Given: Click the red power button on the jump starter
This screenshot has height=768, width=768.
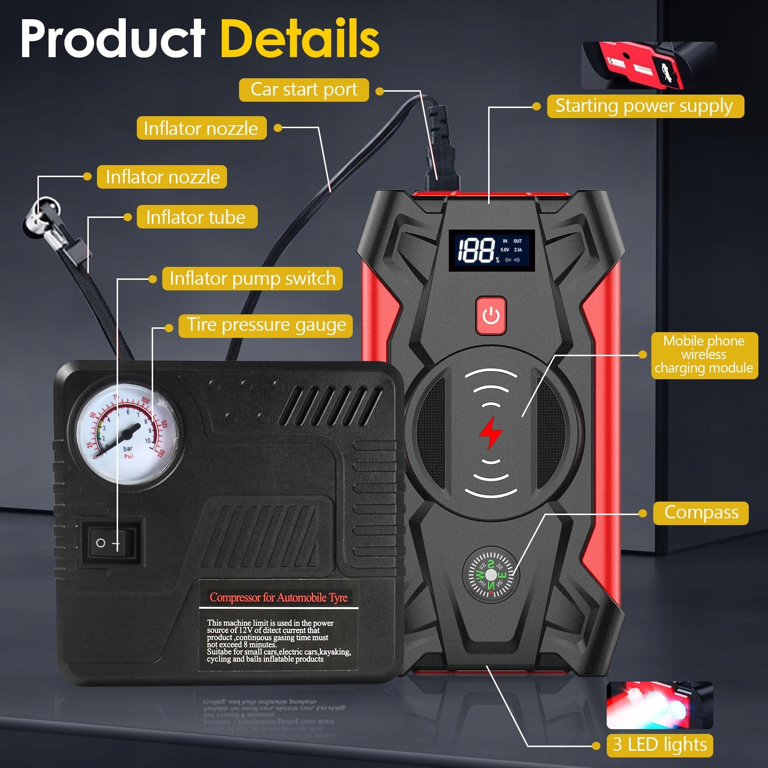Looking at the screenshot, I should (x=491, y=315).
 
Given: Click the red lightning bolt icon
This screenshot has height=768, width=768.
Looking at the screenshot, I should (x=491, y=433).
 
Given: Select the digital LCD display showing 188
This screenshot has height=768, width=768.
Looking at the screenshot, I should (x=492, y=250).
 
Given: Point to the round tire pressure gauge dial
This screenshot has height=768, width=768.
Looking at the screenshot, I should (x=127, y=434).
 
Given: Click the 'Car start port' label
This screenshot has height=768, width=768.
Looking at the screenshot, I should (x=304, y=90).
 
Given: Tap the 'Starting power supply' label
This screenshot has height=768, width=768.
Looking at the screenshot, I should (x=645, y=106).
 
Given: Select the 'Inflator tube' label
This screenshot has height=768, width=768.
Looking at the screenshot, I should (x=196, y=217).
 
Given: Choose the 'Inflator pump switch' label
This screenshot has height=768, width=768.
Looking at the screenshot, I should (x=252, y=278).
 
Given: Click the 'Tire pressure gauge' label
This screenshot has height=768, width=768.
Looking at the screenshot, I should (x=266, y=325).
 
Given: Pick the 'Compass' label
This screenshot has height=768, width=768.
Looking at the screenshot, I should (x=700, y=513).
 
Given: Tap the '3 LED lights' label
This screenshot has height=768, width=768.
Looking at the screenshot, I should (x=660, y=745).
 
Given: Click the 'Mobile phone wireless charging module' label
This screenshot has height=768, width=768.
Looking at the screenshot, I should (x=704, y=355).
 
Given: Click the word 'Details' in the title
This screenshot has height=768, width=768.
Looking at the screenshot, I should (x=300, y=38).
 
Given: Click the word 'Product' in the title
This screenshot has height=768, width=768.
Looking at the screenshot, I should (x=113, y=38).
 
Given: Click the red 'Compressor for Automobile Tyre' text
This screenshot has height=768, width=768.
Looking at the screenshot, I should (x=278, y=598).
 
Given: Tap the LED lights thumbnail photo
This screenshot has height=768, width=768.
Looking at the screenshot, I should (x=660, y=705).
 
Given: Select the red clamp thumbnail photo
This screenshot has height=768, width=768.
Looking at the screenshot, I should (x=649, y=66).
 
